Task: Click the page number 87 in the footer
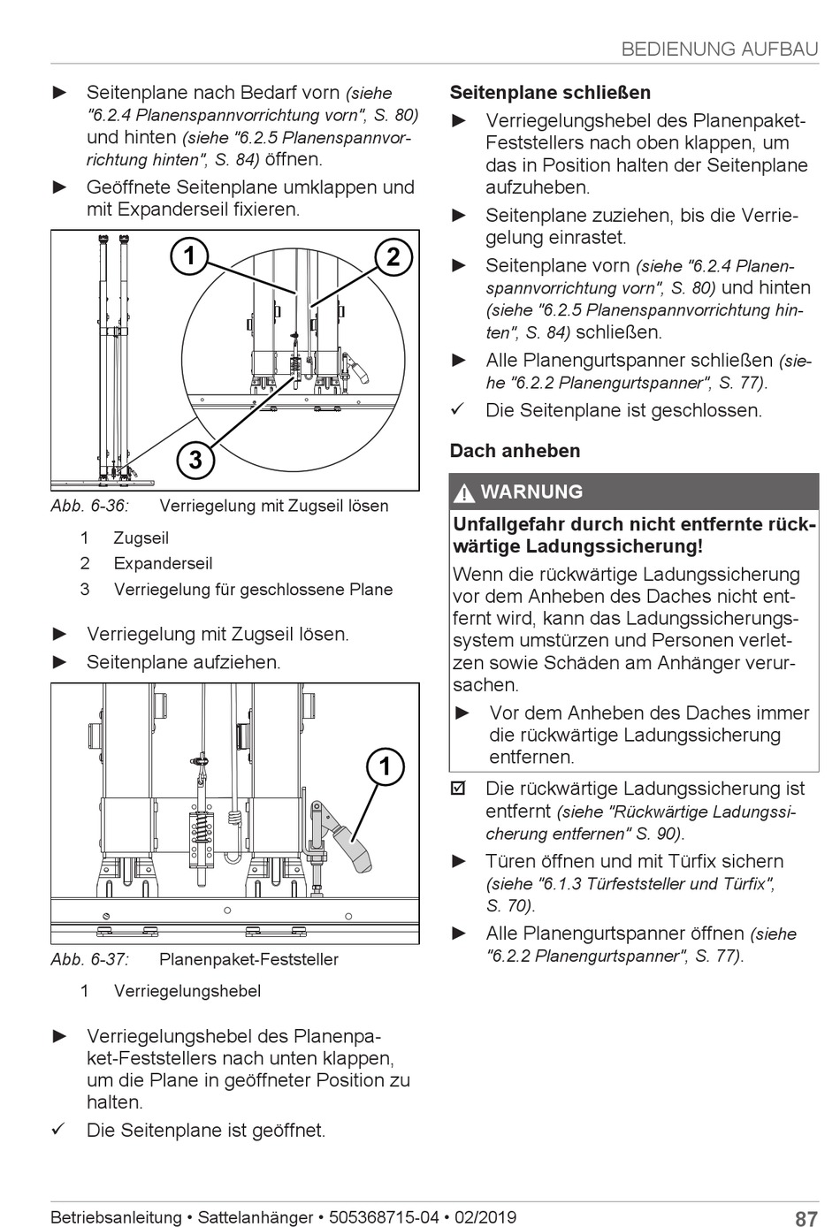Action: (x=806, y=1219)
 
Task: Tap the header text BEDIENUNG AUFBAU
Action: (x=720, y=50)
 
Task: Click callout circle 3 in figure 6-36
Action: (x=195, y=460)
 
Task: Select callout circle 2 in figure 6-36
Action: (x=393, y=257)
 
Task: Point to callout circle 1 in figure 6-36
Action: (x=189, y=257)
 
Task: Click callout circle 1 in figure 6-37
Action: (x=386, y=766)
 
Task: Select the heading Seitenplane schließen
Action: (x=550, y=93)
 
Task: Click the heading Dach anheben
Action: (x=515, y=451)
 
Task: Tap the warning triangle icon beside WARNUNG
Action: (x=465, y=493)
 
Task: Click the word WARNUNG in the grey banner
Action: (x=531, y=492)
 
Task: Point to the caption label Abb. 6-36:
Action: (x=89, y=507)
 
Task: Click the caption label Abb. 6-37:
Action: (x=89, y=959)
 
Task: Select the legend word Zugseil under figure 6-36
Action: (x=141, y=538)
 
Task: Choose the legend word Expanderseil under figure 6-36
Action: (x=163, y=564)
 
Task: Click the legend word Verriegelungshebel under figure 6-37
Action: (x=187, y=991)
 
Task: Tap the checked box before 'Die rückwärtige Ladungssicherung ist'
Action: (x=458, y=789)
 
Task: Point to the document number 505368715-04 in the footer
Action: (x=383, y=1217)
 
